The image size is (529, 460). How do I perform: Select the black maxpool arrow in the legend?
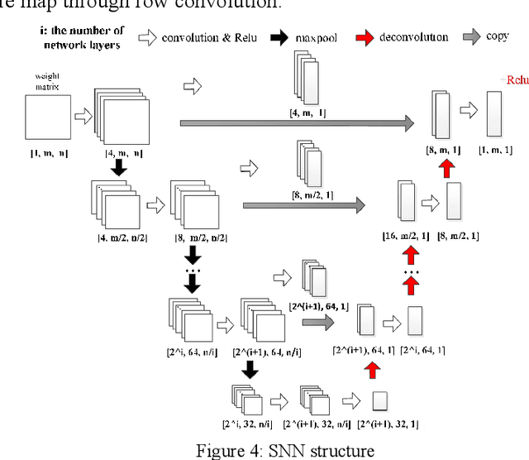point(277,37)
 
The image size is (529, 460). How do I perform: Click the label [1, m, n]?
point(46,154)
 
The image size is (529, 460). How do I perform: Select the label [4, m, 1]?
point(306,110)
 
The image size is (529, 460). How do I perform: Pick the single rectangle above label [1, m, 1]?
point(493,113)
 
